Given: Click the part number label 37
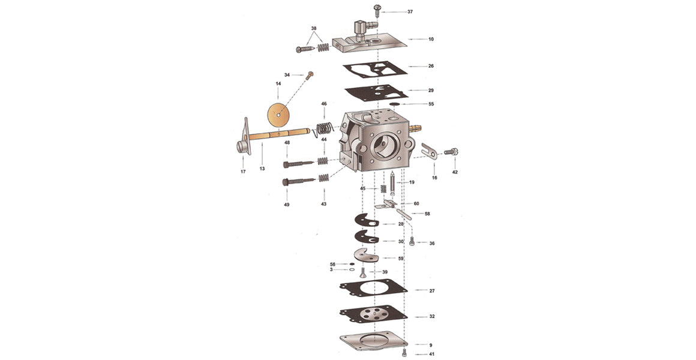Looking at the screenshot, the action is (x=410, y=12).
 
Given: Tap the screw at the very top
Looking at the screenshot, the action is (x=378, y=10).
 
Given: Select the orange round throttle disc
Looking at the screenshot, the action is (x=278, y=115).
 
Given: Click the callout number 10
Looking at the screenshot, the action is (x=431, y=40).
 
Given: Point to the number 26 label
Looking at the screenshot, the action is (x=431, y=67).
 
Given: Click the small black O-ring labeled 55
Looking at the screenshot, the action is (x=394, y=104).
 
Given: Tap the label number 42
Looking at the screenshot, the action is (x=455, y=172).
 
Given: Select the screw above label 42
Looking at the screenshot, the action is (x=451, y=152).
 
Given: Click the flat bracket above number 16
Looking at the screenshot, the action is (x=429, y=151).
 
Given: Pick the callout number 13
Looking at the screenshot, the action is (x=262, y=169).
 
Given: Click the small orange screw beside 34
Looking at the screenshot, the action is (x=310, y=75).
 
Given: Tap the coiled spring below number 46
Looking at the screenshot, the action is (x=323, y=129).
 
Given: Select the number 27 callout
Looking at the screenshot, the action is (x=432, y=291).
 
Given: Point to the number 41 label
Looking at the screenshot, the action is (x=431, y=355).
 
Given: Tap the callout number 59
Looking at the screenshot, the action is (x=401, y=259).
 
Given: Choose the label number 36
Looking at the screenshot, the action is (x=432, y=243).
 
